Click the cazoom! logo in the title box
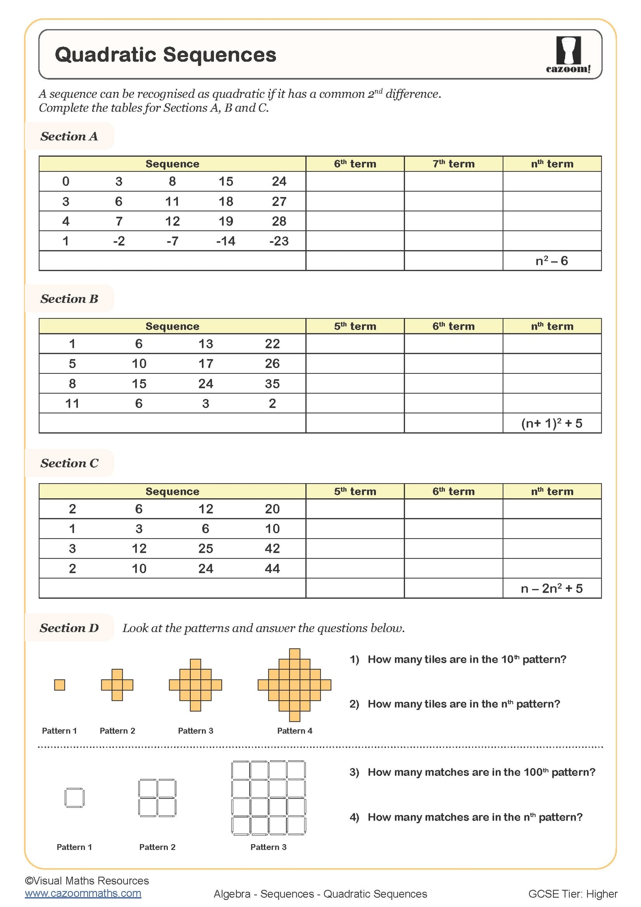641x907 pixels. [568, 55]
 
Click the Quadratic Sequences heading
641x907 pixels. [166, 55]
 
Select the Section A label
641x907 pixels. [69, 136]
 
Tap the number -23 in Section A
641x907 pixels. [279, 241]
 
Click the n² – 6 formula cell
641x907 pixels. [552, 261]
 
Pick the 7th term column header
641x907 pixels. [453, 164]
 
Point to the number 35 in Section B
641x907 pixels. [272, 384]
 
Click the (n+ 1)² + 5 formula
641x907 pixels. [552, 423]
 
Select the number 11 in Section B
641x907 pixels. [72, 403]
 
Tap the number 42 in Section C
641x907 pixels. [272, 549]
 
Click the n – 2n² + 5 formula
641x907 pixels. [552, 589]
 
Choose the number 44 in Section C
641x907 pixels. [272, 569]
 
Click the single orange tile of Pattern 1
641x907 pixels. [60, 685]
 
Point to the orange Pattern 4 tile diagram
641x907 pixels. [294, 685]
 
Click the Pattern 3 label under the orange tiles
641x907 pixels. [195, 731]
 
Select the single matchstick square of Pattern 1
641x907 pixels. [74, 798]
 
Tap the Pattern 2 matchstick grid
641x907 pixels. [157, 798]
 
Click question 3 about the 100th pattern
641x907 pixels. [472, 772]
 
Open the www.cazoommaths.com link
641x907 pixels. [83, 893]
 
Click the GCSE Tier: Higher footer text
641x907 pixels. [573, 894]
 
